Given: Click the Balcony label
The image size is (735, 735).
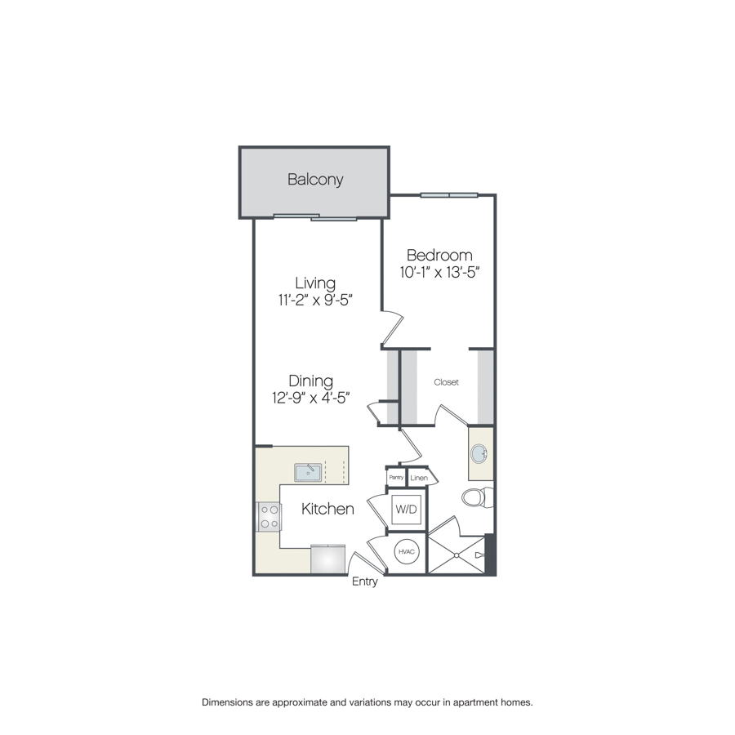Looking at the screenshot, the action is (x=315, y=180).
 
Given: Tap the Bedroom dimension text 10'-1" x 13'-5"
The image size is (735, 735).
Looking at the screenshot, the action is (x=439, y=272).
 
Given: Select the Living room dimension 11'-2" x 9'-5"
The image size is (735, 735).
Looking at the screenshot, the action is (x=315, y=300).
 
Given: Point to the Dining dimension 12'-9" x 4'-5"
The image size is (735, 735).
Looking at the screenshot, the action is (x=311, y=398).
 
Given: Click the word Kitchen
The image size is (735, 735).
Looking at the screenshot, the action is (x=327, y=509).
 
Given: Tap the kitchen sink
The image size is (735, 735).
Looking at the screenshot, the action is (x=308, y=473).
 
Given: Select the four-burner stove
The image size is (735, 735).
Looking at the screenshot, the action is (x=269, y=517).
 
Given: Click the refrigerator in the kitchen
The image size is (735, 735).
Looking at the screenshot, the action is (x=328, y=559).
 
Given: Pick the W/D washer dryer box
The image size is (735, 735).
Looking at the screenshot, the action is (x=406, y=509).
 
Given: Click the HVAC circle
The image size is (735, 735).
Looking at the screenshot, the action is (x=406, y=552).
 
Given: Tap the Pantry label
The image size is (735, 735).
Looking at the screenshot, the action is (x=396, y=477).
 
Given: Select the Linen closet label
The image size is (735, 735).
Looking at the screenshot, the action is (x=419, y=478).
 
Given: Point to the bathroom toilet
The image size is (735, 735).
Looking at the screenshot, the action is (x=477, y=497).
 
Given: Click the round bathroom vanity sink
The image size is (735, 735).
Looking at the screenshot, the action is (x=479, y=454).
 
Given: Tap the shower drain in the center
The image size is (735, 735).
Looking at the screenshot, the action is (x=456, y=555).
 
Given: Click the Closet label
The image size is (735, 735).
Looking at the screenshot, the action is (x=446, y=382).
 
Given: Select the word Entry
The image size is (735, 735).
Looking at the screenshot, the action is (x=365, y=581).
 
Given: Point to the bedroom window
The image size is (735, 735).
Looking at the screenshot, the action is (x=449, y=195).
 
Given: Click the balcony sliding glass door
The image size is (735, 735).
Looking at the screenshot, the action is (x=315, y=217).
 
